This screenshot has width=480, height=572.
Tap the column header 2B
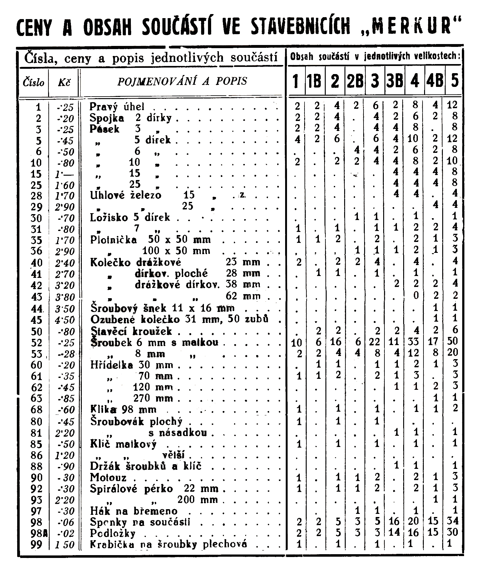point(355,81)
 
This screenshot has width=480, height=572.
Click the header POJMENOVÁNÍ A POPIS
point(182,81)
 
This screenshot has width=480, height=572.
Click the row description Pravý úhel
point(117,107)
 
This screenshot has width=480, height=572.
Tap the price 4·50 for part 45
point(65,320)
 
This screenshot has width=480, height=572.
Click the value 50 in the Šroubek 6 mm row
point(452,341)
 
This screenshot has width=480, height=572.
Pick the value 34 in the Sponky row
point(452,521)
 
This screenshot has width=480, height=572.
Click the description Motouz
point(108,478)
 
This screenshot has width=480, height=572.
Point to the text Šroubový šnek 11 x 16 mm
point(162,309)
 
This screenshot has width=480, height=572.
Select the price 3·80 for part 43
point(65,297)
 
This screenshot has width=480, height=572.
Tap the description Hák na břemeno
point(134,511)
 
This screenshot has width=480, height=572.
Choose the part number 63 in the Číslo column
point(37,399)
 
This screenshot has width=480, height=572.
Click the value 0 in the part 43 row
point(415,295)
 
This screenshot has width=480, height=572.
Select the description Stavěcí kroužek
point(131,331)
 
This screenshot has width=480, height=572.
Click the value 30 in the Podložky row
point(452,532)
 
